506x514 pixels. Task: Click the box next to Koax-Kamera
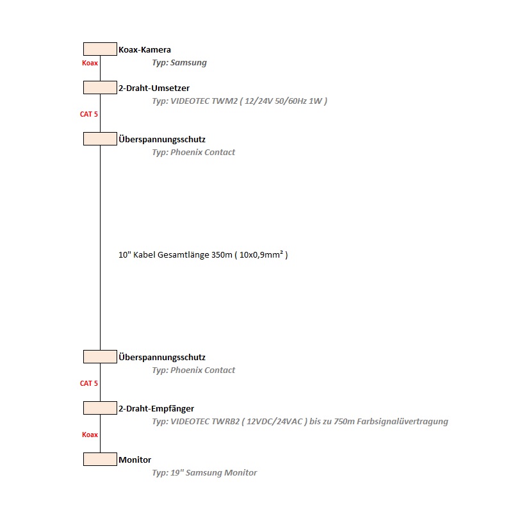click(x=100, y=49)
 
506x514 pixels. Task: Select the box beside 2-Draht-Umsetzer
click(x=100, y=88)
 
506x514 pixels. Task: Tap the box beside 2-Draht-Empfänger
click(x=100, y=408)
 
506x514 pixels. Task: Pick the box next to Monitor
click(x=100, y=460)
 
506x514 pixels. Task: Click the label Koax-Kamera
click(x=145, y=49)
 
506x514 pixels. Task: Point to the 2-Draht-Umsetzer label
click(x=154, y=88)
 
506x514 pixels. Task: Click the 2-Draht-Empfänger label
click(x=156, y=408)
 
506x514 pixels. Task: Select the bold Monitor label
click(x=135, y=460)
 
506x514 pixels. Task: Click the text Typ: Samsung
click(x=179, y=63)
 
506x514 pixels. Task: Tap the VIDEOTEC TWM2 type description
click(x=240, y=101)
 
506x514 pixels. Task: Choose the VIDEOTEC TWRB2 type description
click(x=300, y=422)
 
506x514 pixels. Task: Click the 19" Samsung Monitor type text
click(x=204, y=473)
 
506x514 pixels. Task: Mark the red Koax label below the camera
click(x=90, y=63)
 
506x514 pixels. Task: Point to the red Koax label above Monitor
click(x=90, y=435)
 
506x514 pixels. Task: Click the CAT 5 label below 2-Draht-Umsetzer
click(x=89, y=114)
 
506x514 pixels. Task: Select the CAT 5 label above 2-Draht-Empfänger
click(x=89, y=383)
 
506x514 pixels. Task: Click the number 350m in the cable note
click(x=222, y=255)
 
